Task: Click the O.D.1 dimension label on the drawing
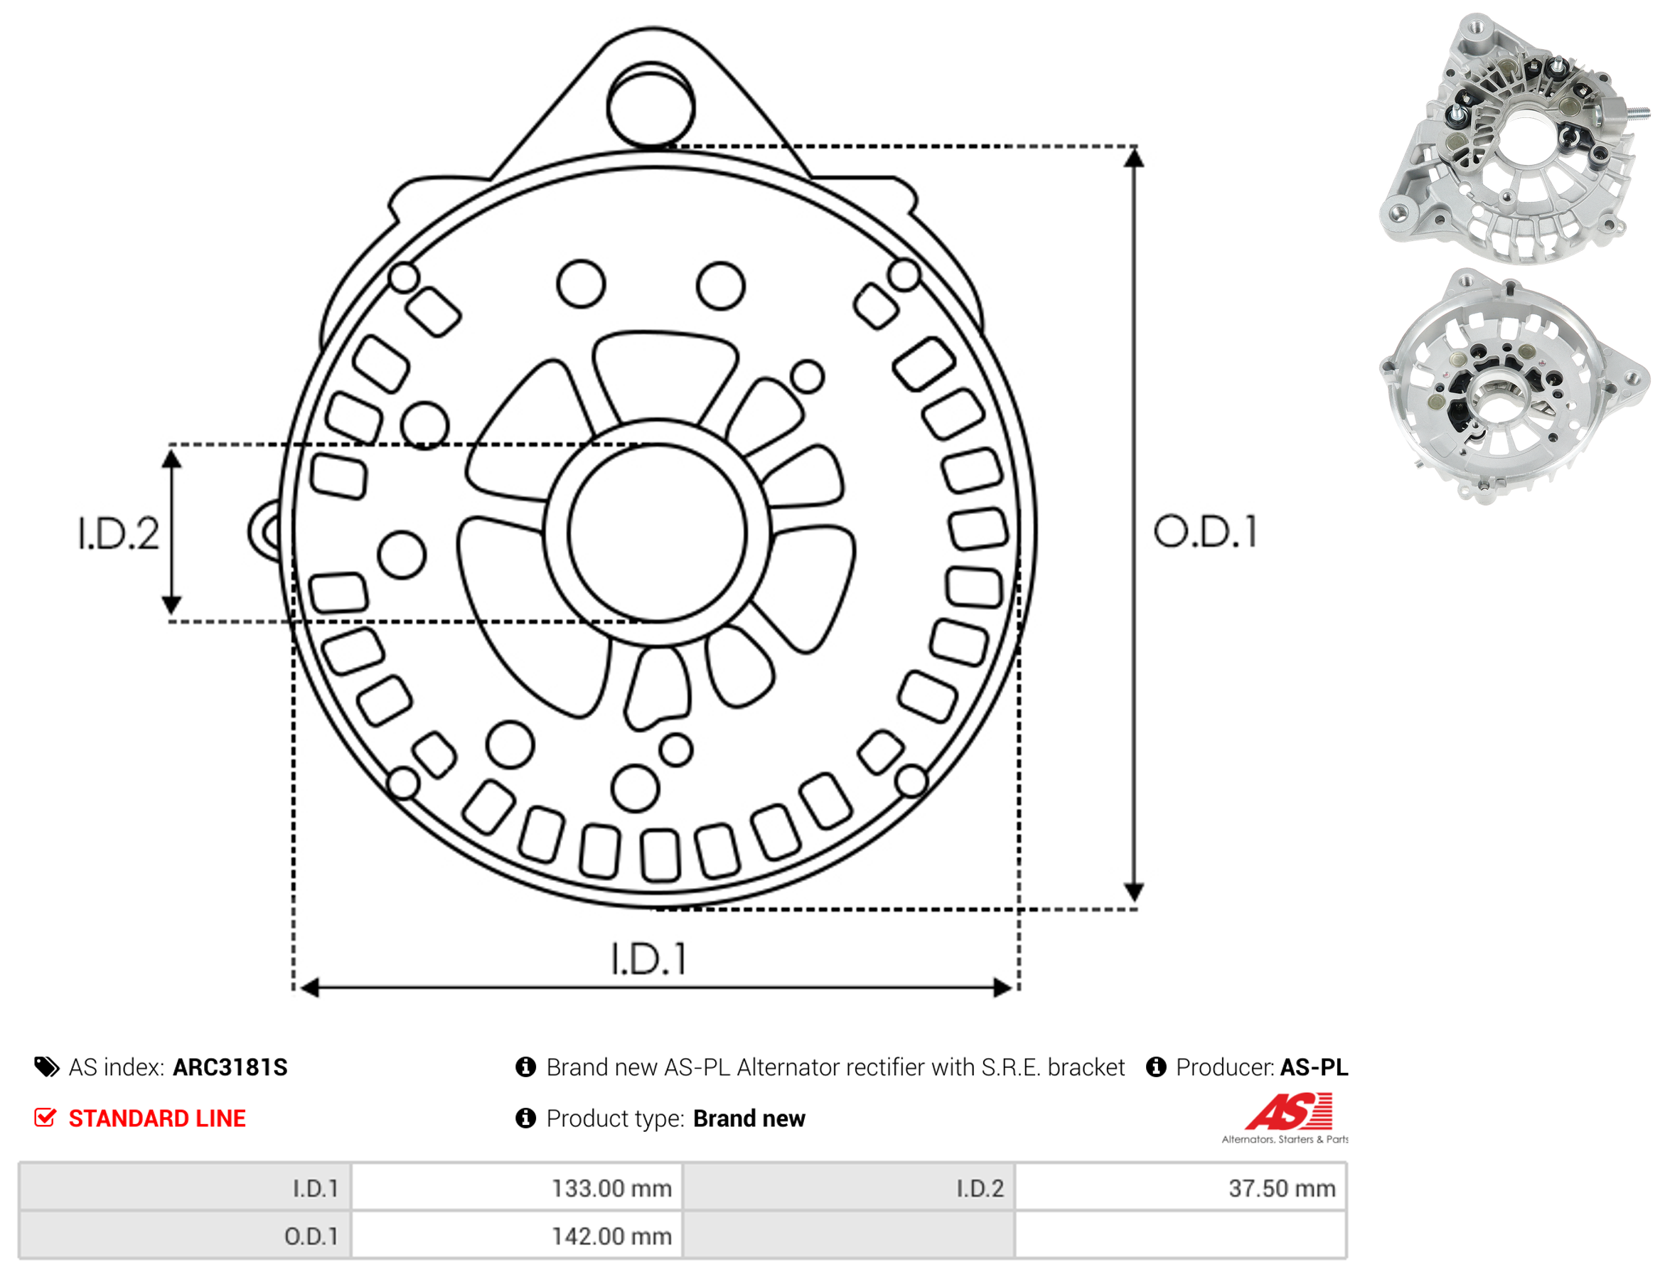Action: point(1205,532)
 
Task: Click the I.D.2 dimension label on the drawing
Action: point(119,533)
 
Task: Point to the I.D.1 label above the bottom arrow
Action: point(648,958)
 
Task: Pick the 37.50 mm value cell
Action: point(1180,1188)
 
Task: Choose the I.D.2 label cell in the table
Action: point(849,1188)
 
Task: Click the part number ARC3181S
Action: point(230,1067)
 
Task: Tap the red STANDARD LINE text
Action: point(157,1119)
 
